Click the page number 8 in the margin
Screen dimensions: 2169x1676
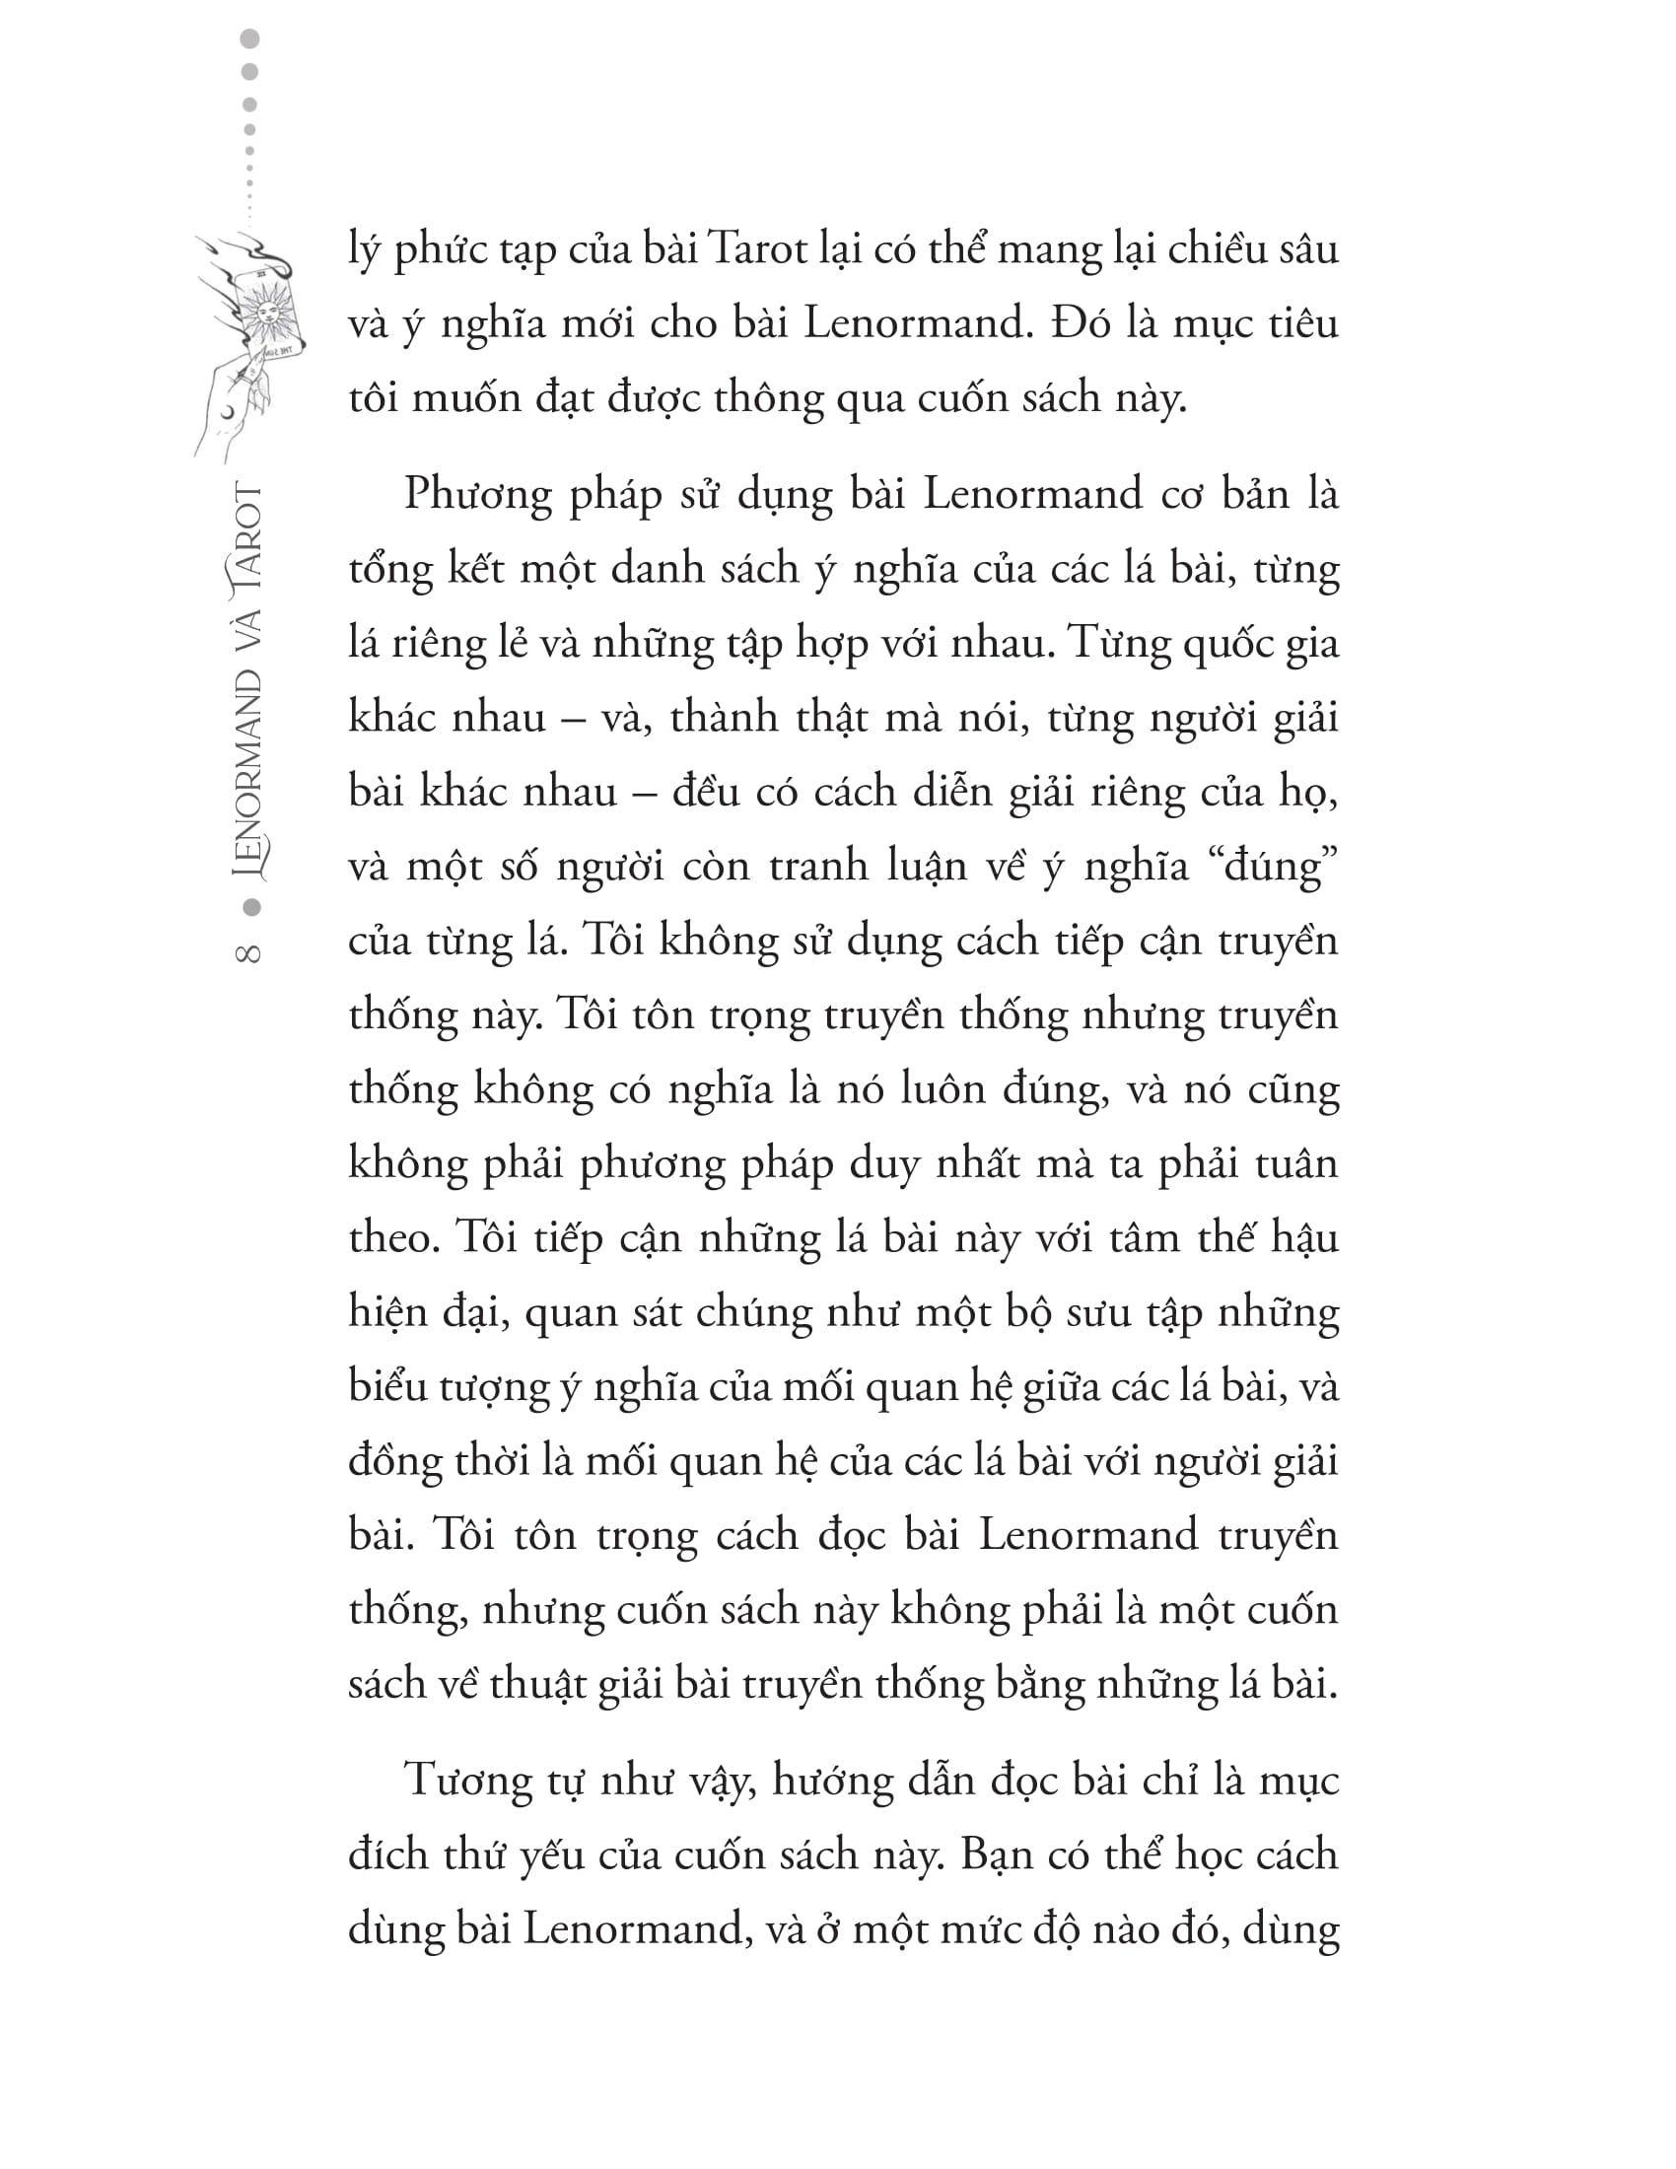click(x=248, y=951)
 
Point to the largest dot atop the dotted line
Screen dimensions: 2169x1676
click(x=250, y=38)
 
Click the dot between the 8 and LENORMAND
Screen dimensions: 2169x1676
click(x=251, y=907)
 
